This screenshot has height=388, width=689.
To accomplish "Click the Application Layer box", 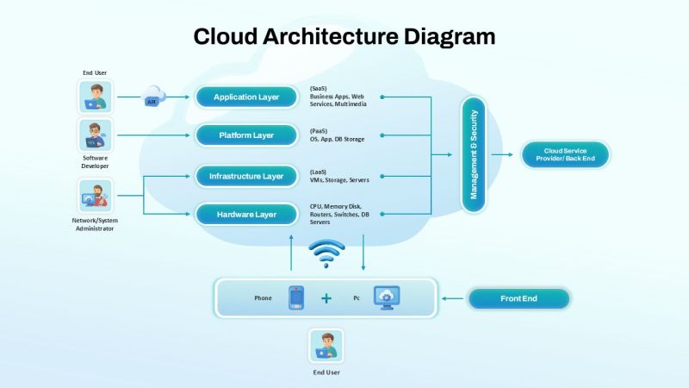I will point(246,97).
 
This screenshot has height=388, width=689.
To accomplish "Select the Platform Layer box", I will point(246,135).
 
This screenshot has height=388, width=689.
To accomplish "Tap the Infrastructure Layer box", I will point(246,176).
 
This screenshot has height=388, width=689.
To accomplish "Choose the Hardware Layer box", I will point(246,214).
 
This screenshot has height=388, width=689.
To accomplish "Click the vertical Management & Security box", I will point(474,154).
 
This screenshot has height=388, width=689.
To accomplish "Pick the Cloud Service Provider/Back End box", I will point(564,155).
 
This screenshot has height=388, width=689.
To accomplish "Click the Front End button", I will point(518,298).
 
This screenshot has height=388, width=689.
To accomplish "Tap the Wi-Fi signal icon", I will point(326,252).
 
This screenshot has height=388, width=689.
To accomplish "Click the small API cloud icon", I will point(153,96).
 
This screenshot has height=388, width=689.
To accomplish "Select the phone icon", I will point(296,297).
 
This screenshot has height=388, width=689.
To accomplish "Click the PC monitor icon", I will point(386,297).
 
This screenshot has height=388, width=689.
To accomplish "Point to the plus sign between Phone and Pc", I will point(326,298).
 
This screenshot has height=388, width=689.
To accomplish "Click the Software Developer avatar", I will point(95,135).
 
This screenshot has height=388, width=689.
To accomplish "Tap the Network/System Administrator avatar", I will point(95,196).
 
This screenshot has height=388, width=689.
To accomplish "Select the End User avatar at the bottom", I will point(326,345).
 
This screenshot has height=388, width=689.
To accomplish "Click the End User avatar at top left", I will point(95,97).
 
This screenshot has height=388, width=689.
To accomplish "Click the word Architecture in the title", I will point(331,36).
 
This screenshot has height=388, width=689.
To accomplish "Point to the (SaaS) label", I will point(320,89).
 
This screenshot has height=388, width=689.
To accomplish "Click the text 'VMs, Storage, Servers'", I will point(339,180).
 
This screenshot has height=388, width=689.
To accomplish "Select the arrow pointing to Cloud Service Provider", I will point(502,155).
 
